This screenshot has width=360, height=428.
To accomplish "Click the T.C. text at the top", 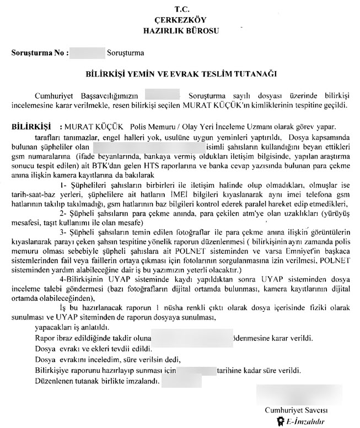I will coord(181,9).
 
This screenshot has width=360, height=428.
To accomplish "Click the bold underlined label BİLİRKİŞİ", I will coord(31,126).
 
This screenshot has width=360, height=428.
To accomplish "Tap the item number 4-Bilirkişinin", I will coord(83,280).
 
